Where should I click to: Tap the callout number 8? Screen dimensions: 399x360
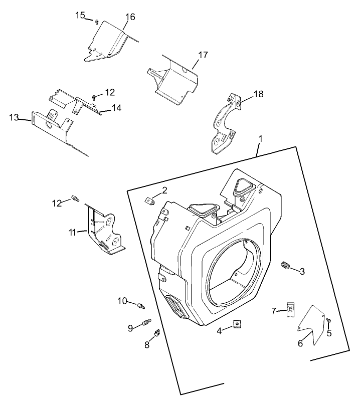(147, 344)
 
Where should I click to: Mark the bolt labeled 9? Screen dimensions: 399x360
(147, 323)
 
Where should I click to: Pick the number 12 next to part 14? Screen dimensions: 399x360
(110, 92)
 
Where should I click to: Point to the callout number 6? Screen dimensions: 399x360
(300, 343)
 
